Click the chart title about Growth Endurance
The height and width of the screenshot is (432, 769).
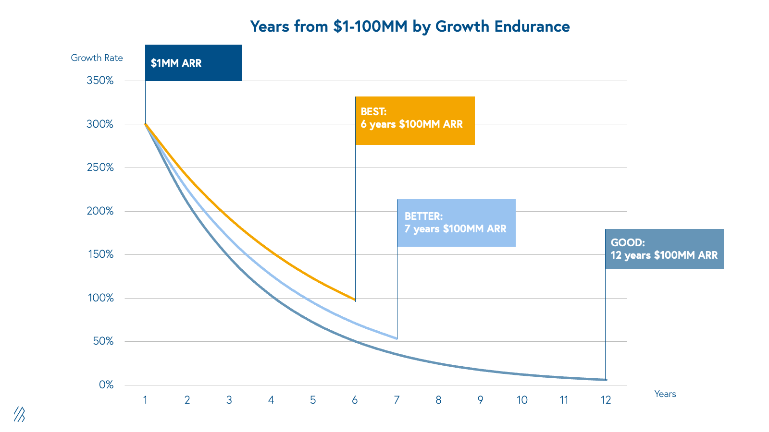[x=409, y=26]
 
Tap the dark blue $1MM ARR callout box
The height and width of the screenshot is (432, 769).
[x=193, y=63]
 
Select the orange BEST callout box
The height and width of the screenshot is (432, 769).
[x=415, y=120]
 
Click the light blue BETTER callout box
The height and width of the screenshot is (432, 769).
[x=456, y=223]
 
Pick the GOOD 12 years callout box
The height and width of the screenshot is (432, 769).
[x=664, y=249]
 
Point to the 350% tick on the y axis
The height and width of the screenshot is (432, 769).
[x=100, y=81]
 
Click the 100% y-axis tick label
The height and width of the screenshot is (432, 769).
[x=100, y=298]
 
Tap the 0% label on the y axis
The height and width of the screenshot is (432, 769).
[x=106, y=385]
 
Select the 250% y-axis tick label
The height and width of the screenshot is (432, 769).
[x=100, y=168]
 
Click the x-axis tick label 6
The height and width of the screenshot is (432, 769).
[x=355, y=400]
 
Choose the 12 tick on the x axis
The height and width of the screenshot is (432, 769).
[x=606, y=400]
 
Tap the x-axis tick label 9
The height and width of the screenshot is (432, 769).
[x=480, y=400]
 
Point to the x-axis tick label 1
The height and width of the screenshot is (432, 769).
[x=145, y=400]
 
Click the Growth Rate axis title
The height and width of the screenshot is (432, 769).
[x=97, y=58]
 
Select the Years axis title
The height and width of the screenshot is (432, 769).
[x=665, y=394]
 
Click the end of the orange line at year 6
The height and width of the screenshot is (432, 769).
[x=355, y=300]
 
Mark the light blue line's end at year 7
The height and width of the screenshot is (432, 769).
[x=397, y=338]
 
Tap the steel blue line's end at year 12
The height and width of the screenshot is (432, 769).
[x=606, y=380]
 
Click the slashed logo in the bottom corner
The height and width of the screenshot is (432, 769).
[x=19, y=414]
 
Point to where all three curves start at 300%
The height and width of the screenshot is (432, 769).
[x=145, y=124]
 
